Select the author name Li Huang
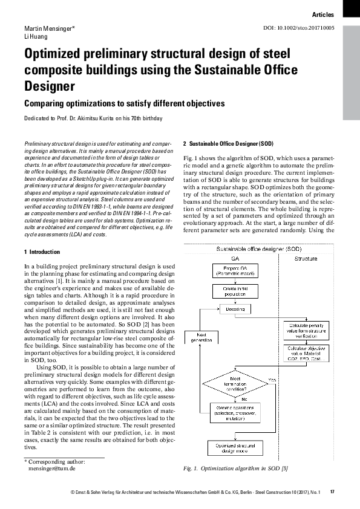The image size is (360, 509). [x=34, y=36]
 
